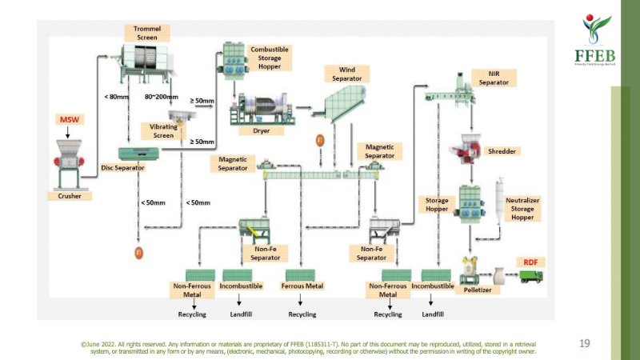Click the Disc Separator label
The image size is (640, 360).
(x=122, y=168)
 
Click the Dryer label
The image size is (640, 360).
(x=261, y=130)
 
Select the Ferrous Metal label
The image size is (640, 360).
(x=302, y=286)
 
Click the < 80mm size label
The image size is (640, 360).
(x=116, y=97)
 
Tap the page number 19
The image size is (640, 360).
(x=584, y=343)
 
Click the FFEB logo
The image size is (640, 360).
(x=593, y=40)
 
